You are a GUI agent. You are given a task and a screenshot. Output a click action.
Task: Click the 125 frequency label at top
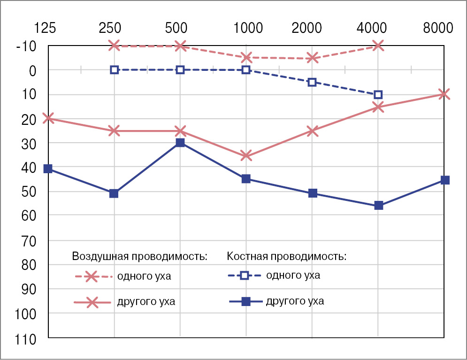(45, 28)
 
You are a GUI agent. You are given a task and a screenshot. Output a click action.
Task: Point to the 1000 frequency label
(248, 28)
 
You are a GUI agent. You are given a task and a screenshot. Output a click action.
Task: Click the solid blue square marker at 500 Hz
(180, 143)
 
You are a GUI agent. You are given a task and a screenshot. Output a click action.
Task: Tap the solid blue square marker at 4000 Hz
(378, 206)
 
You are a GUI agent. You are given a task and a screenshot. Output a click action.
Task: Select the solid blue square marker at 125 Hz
(48, 169)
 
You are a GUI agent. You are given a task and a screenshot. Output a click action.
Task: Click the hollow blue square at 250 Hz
(114, 70)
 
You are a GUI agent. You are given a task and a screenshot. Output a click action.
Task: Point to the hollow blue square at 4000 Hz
(378, 95)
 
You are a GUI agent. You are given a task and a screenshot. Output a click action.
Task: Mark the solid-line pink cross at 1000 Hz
(246, 155)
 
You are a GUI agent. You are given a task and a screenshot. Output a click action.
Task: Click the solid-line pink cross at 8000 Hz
(444, 94)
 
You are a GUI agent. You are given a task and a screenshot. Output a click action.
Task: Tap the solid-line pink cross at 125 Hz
(48, 118)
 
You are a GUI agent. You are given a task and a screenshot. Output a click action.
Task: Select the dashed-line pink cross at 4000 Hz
(378, 46)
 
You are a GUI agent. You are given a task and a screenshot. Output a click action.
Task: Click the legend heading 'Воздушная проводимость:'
(139, 256)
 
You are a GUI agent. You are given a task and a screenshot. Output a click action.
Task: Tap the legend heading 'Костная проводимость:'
(286, 256)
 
